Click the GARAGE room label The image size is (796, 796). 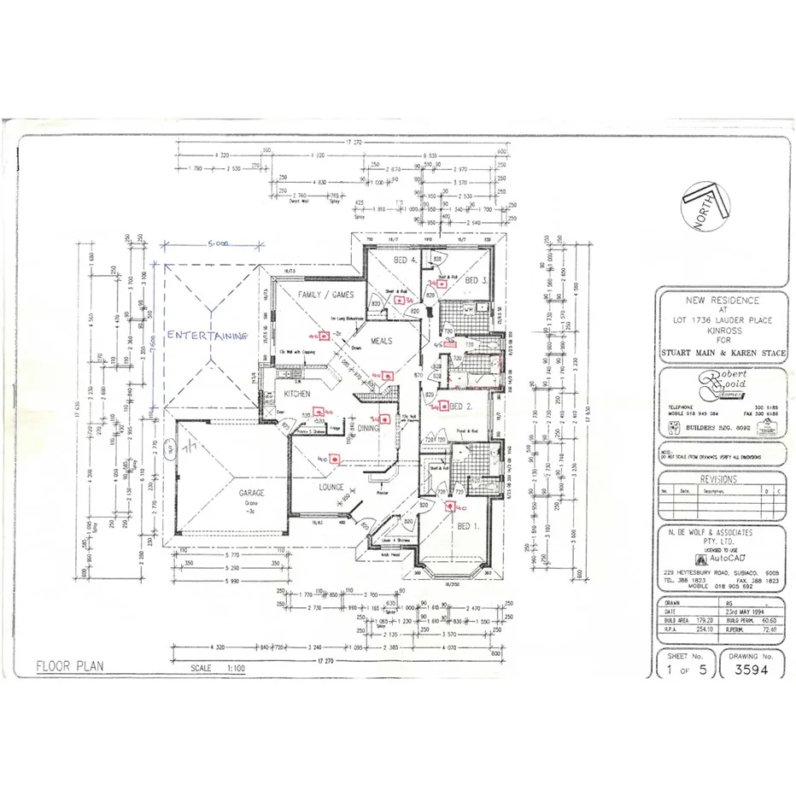click(251, 493)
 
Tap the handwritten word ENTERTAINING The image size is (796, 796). click(207, 336)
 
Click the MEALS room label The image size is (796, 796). click(380, 341)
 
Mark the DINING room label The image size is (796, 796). click(368, 428)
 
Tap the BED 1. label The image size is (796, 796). click(468, 527)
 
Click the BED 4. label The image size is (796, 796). click(404, 260)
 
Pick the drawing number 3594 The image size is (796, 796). click(752, 670)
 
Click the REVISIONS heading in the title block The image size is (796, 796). click(722, 479)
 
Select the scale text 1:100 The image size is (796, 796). click(231, 669)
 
